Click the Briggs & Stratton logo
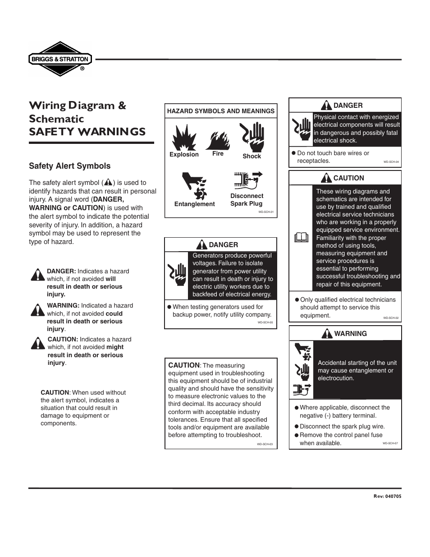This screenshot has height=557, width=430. point(60,59)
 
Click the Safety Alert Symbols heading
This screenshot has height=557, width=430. point(69,166)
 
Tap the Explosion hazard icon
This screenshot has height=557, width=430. point(184,137)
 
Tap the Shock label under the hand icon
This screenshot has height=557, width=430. point(252,156)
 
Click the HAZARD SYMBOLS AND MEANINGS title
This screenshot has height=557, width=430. point(220,111)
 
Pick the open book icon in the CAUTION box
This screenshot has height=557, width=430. point(301,237)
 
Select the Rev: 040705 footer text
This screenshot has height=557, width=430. point(387,496)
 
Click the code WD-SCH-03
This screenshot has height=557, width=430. point(265,444)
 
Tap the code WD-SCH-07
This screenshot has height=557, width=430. point(390,443)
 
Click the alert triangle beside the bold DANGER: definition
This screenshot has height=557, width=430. point(37,274)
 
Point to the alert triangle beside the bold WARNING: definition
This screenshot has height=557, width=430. point(37,309)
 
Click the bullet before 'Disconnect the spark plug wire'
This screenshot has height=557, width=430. point(297,426)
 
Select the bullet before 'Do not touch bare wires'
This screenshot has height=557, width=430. point(293,153)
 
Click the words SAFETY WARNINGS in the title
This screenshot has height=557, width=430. point(87,132)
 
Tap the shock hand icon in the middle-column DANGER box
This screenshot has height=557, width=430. point(177,274)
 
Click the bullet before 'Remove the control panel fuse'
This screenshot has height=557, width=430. point(297,435)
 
